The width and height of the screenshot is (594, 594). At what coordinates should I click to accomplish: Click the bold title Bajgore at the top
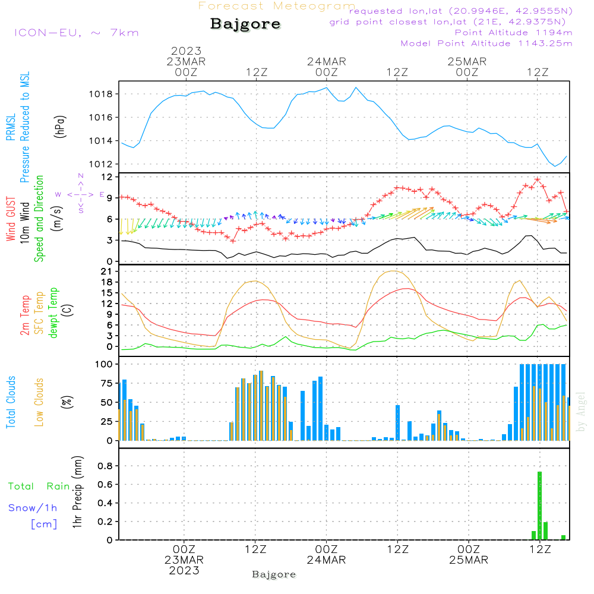click(x=245, y=24)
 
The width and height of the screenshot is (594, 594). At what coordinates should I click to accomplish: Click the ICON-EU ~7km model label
click(x=76, y=33)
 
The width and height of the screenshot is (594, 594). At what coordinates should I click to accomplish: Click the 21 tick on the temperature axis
click(x=108, y=271)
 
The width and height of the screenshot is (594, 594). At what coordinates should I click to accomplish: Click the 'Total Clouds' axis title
click(x=11, y=402)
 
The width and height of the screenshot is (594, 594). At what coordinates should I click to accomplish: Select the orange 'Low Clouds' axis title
click(x=39, y=402)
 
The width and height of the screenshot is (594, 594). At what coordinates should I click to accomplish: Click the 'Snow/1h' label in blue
click(x=33, y=508)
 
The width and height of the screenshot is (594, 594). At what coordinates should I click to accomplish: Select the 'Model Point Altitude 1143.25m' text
click(x=486, y=43)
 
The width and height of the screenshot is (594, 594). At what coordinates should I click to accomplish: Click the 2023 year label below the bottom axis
click(x=184, y=571)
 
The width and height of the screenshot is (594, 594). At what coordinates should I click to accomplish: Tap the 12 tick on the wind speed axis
click(x=108, y=177)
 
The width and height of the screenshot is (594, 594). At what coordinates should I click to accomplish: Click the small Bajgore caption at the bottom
click(x=274, y=574)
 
